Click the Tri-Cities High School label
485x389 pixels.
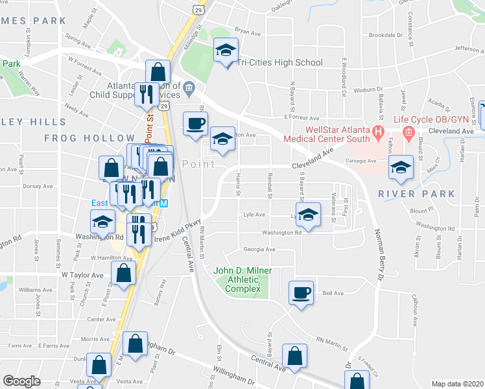point(280,63)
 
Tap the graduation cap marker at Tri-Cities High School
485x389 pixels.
point(226,50)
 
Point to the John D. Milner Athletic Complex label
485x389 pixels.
point(243,279)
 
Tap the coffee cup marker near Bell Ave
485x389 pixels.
point(302,293)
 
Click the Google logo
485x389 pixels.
point(21,381)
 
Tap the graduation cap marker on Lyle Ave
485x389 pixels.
point(309,217)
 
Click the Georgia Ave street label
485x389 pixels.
point(259,249)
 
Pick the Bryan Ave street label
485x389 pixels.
point(247,30)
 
